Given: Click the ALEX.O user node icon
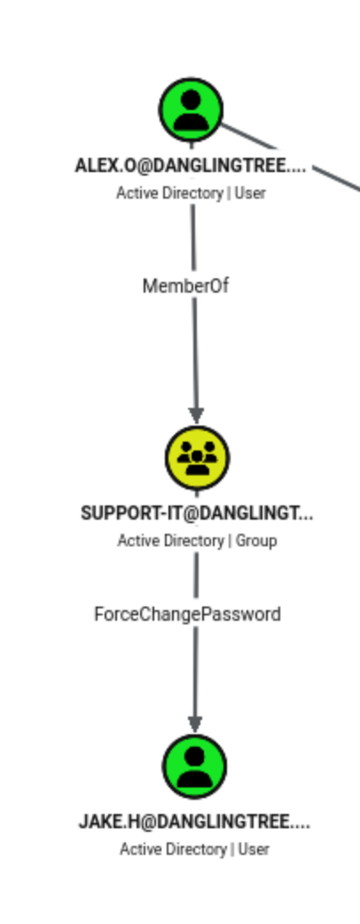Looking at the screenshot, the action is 191,109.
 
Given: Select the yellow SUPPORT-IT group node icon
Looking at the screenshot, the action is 198,458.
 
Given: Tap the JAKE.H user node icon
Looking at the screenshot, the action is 194,766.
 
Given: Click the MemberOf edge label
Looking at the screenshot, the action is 185,286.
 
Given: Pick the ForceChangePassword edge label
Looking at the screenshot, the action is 187,615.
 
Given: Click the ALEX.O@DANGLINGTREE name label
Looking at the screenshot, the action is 191,166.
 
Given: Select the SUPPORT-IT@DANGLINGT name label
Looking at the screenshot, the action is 197,513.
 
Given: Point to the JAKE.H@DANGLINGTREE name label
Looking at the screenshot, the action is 194,822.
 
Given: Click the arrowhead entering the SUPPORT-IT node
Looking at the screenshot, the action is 196,416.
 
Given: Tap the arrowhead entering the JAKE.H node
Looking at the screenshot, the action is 195,724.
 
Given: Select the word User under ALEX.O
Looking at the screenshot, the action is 250,193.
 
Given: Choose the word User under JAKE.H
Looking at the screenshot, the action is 254,850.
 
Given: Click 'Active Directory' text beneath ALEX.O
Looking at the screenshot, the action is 169,193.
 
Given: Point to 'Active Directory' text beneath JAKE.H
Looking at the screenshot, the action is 173,850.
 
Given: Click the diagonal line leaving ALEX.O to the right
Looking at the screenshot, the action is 290,157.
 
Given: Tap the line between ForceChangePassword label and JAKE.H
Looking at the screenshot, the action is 196,672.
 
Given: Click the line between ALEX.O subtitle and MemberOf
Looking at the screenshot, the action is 192,237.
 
